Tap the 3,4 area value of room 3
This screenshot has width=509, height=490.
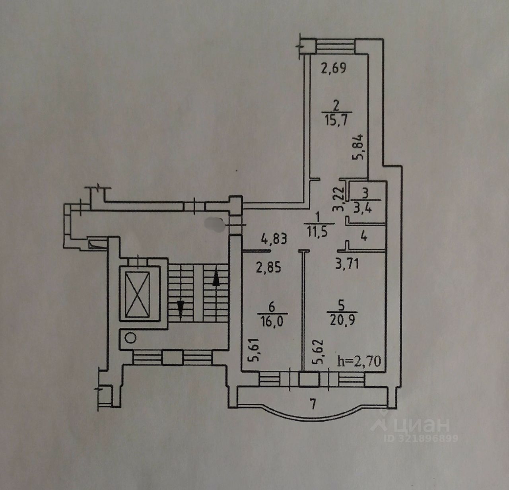pos(365,208)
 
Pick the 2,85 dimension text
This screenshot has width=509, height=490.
pos(268,266)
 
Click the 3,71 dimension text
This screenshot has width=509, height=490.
pos(347,263)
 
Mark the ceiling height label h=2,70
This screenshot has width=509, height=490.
pos(359,361)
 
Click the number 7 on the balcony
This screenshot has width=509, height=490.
pos(313,405)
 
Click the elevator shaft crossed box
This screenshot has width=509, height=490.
pos(136,293)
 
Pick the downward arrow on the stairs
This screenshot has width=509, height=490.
pos(180,309)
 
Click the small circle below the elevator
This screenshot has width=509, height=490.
pos(130,338)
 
